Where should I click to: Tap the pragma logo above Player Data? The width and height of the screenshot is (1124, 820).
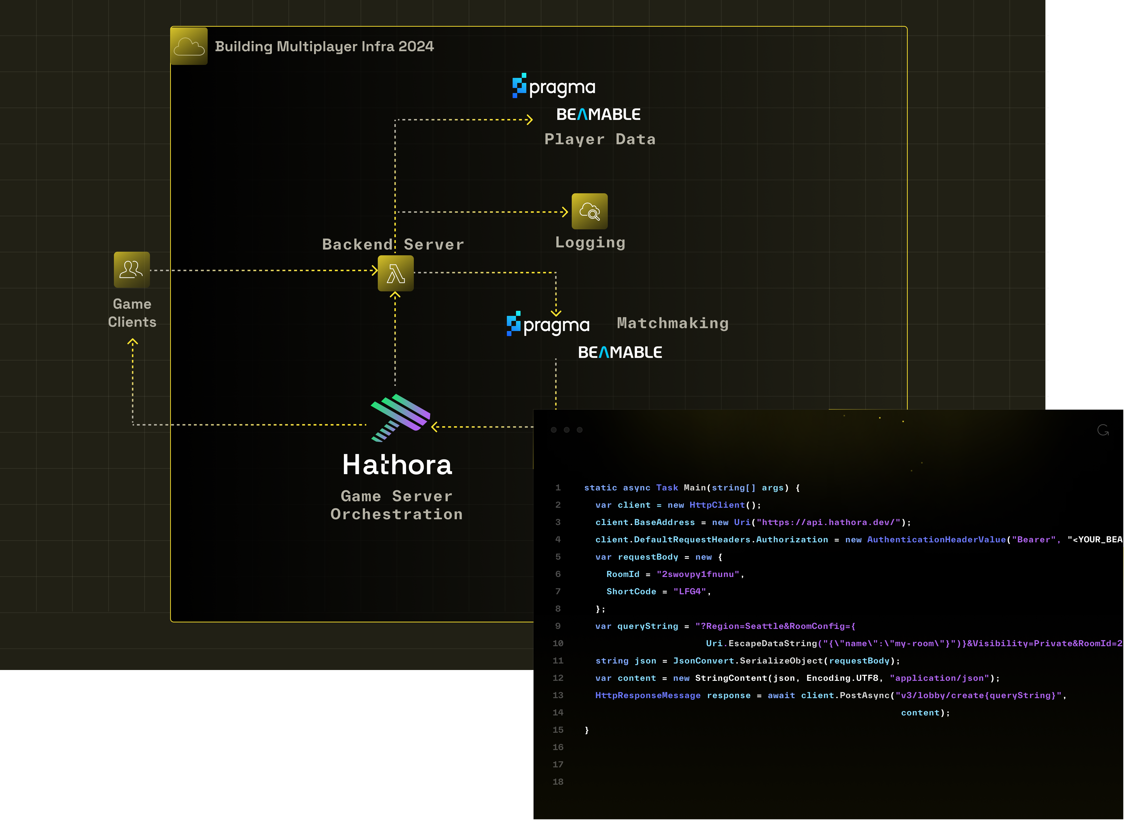(554, 86)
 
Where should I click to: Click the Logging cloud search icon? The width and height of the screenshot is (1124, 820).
(590, 212)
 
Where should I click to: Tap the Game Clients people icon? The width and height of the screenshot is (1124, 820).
(131, 269)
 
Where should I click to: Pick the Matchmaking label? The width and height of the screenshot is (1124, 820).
(672, 323)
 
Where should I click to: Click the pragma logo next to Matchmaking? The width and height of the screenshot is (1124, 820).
(548, 324)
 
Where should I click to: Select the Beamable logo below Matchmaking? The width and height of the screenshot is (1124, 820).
(620, 352)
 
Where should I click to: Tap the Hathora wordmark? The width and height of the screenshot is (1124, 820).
(397, 465)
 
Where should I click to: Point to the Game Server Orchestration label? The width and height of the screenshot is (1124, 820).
(397, 505)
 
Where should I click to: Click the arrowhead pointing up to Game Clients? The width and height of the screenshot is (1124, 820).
(132, 342)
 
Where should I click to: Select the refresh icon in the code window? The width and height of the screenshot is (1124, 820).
(1103, 430)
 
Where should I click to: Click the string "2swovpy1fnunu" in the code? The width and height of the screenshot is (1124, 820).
(698, 574)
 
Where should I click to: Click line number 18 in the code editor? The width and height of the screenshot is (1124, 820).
(558, 782)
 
